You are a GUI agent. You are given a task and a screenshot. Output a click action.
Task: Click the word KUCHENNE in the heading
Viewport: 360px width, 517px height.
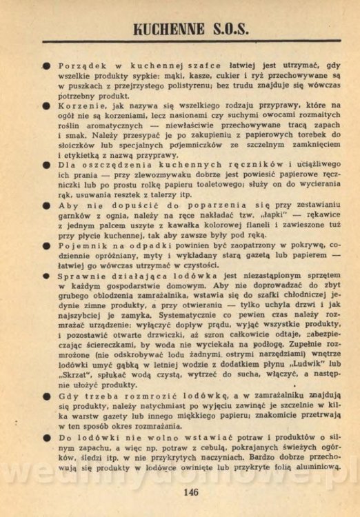[x=161, y=28]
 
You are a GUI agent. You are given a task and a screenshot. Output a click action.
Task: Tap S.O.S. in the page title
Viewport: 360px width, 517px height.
[x=229, y=28]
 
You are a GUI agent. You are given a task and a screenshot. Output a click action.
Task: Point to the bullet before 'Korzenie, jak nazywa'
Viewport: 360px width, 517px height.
[x=46, y=113]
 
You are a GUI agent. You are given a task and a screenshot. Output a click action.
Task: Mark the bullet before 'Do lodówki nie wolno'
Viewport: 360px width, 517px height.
[x=46, y=456]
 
